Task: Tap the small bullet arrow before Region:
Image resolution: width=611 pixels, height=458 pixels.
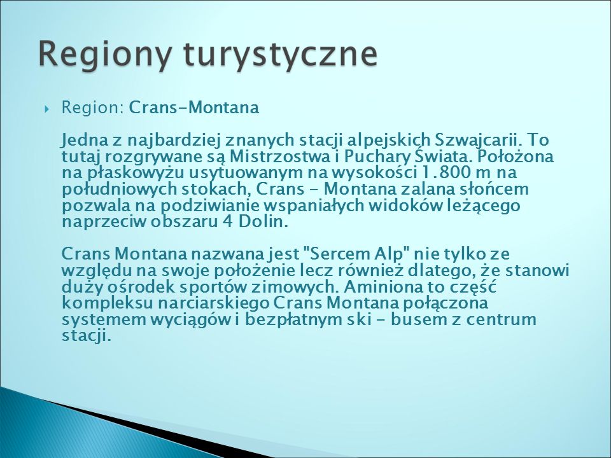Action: click(x=48, y=109)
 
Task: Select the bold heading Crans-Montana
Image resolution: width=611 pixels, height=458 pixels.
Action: click(x=193, y=108)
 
